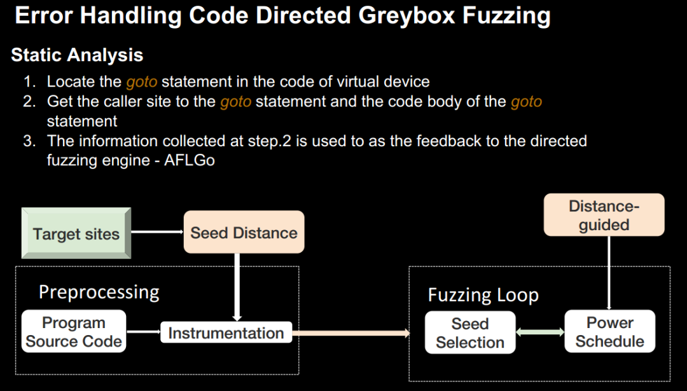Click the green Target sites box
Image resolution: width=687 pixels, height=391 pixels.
76,233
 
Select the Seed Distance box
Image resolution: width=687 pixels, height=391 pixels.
244,233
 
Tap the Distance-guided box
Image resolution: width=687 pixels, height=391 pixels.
604,216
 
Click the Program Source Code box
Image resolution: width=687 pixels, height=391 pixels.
74,332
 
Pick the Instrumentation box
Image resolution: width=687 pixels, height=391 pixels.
226,333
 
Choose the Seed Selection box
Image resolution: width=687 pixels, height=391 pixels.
470,333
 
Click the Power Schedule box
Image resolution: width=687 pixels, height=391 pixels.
609,332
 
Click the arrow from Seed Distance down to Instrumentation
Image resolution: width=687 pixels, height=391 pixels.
237,286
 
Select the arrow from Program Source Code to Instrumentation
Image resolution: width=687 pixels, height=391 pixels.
143,332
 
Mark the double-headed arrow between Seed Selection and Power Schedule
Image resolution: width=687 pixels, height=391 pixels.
540,332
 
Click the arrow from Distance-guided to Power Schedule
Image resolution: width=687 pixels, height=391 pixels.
609,273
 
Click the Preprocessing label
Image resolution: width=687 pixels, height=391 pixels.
99,292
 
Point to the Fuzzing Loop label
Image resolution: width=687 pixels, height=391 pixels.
483,295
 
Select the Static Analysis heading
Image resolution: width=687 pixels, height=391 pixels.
77,55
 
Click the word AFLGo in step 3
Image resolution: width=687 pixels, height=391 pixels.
190,160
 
